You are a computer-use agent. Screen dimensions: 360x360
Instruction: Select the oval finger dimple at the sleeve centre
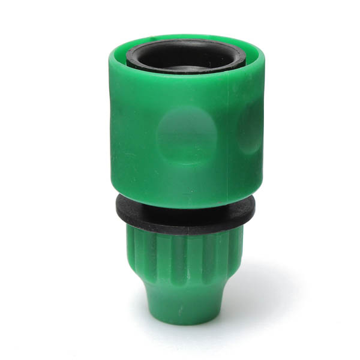coord(183,135)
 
